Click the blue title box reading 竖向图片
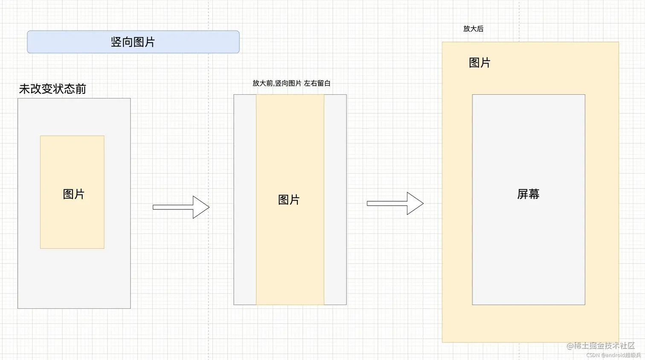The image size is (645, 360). [x=133, y=42]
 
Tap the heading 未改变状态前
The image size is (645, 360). [x=52, y=89]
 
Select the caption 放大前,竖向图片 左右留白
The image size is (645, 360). [x=291, y=83]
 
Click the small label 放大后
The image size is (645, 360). [x=473, y=29]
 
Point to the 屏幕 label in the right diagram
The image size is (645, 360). [x=528, y=195]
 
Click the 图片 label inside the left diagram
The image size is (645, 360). [x=73, y=195]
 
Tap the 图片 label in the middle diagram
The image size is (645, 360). [x=289, y=200]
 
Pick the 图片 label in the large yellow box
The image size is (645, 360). [x=479, y=63]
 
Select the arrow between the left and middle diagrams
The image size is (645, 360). [x=181, y=207]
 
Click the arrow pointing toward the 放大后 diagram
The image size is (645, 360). [x=395, y=203]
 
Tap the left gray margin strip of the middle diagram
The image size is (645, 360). [x=245, y=200]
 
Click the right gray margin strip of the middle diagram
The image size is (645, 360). [x=335, y=200]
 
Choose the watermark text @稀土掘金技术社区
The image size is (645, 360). [x=601, y=346]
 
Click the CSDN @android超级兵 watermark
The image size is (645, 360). [x=613, y=355]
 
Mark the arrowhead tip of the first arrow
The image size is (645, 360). [x=209, y=207]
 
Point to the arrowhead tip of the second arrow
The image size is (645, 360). [x=423, y=203]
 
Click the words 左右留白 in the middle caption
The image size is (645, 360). [x=317, y=83]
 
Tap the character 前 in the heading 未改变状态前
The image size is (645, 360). [x=81, y=89]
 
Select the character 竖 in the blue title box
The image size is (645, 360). [x=116, y=42]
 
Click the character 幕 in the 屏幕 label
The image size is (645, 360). [x=534, y=195]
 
